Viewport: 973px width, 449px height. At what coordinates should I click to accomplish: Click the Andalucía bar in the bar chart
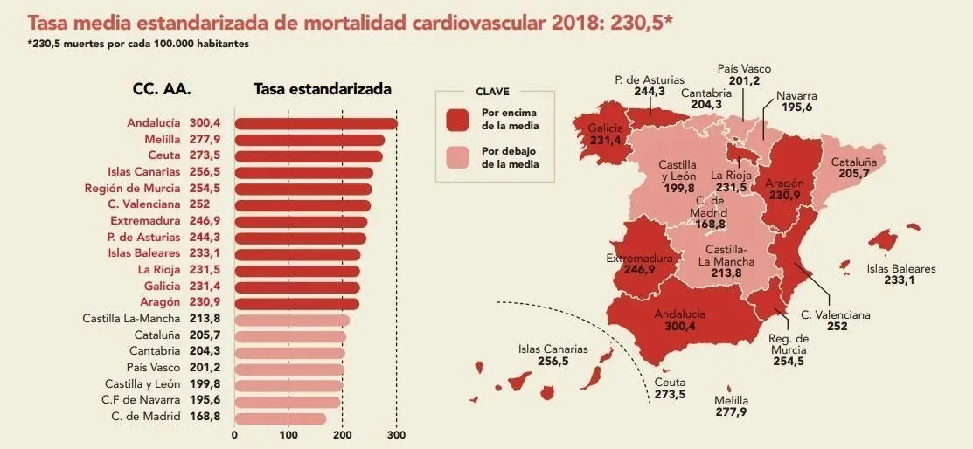[315, 123]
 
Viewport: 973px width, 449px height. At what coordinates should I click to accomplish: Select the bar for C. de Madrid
[280, 418]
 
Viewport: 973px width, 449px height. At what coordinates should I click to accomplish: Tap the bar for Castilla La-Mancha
[292, 320]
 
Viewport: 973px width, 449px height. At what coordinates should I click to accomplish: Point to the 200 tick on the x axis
[342, 434]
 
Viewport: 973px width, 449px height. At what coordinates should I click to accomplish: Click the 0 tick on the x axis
[234, 434]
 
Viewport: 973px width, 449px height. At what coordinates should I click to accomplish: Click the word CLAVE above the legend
[492, 91]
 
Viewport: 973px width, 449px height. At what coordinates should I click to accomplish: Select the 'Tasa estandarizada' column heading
[322, 89]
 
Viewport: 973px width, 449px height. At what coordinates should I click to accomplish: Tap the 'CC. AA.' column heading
[162, 89]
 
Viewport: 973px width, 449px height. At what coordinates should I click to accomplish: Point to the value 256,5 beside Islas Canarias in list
[205, 172]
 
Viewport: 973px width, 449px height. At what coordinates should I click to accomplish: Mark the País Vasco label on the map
[744, 69]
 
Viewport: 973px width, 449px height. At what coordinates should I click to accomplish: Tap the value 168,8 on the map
[710, 224]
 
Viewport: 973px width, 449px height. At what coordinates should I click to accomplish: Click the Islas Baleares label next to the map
[900, 268]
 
